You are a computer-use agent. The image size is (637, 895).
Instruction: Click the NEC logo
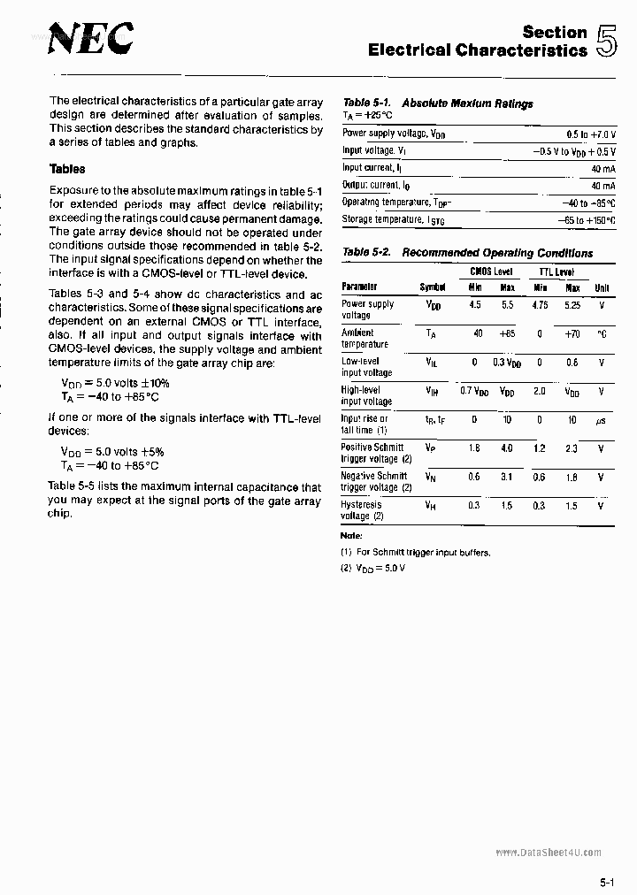coord(90,39)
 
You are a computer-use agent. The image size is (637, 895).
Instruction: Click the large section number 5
coord(607,42)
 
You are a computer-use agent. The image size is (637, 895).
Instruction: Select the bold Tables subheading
coord(67,169)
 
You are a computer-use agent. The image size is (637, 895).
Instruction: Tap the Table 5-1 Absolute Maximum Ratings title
coord(438,103)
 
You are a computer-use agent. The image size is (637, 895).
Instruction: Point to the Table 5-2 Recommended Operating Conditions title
coord(467,253)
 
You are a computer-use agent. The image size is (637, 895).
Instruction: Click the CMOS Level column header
coord(491,272)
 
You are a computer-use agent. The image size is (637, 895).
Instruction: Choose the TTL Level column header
coord(556,272)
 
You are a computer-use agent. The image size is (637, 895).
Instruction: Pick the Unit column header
coord(602,287)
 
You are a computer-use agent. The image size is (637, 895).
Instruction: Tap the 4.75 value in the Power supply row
coord(540,304)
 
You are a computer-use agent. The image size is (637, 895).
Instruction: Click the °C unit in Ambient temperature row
coord(602,333)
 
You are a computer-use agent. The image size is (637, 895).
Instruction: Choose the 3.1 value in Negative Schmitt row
coord(507,477)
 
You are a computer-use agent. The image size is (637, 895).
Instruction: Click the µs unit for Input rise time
coord(601,420)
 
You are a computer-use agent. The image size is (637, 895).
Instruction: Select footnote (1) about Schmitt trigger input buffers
coord(415,552)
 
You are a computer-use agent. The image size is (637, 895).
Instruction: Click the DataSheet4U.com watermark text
coord(549,852)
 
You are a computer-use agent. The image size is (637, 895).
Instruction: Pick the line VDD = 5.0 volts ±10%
coord(115,383)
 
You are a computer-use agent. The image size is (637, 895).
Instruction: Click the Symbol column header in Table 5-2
coord(433,287)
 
